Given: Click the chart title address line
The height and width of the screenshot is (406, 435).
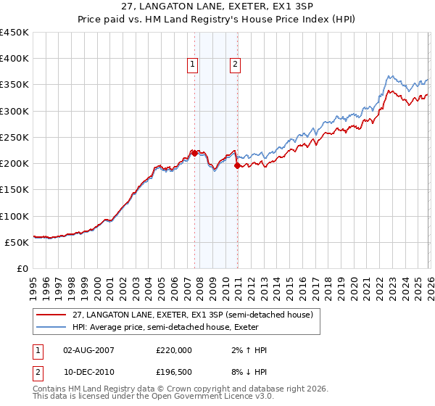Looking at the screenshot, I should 217,7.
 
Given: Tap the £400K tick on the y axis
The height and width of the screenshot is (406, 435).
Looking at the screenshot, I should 14,59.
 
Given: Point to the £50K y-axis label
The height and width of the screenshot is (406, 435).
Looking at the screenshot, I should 17,242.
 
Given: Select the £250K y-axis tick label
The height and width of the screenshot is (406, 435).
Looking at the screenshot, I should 14,137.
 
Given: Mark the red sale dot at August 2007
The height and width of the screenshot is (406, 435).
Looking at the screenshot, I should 194,153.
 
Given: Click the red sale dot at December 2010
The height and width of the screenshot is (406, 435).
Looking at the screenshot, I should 238,165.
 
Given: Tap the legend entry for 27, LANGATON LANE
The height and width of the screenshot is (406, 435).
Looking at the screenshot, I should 192,315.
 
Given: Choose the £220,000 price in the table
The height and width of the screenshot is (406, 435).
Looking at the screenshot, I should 174,350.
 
